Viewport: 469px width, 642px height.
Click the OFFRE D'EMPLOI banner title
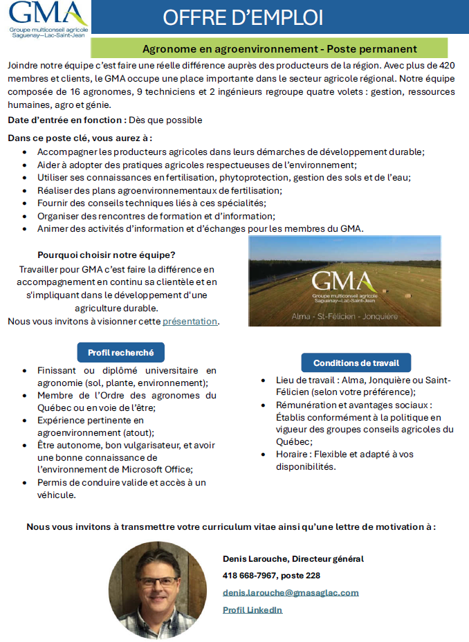(243, 17)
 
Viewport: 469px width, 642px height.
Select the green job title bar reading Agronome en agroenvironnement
(279, 49)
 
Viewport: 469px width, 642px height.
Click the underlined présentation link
(190, 321)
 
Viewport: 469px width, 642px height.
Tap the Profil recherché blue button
(120, 352)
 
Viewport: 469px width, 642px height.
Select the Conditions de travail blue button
(356, 363)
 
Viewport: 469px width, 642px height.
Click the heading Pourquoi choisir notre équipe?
(107, 254)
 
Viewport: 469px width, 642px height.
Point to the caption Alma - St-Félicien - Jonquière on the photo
(344, 315)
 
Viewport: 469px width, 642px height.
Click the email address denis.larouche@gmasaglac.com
(291, 593)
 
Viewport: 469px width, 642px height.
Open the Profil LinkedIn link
(252, 609)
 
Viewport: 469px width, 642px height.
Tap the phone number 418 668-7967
(251, 576)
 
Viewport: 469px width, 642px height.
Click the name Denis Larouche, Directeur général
(293, 558)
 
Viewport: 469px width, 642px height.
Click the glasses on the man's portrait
(157, 580)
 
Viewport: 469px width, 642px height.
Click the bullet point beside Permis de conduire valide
(26, 483)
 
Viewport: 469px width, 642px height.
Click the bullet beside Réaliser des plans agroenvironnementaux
(26, 190)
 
